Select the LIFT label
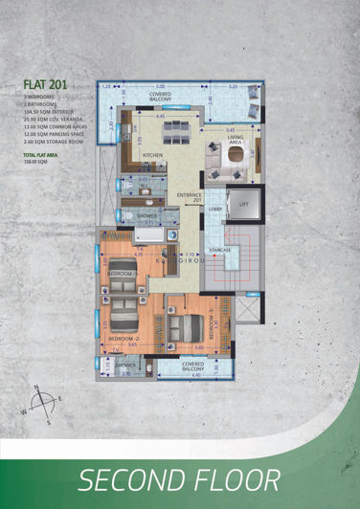click(x=243, y=205)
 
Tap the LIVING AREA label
click(x=235, y=140)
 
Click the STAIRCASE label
click(x=220, y=251)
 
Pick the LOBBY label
click(x=215, y=207)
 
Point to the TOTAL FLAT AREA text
click(x=41, y=155)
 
